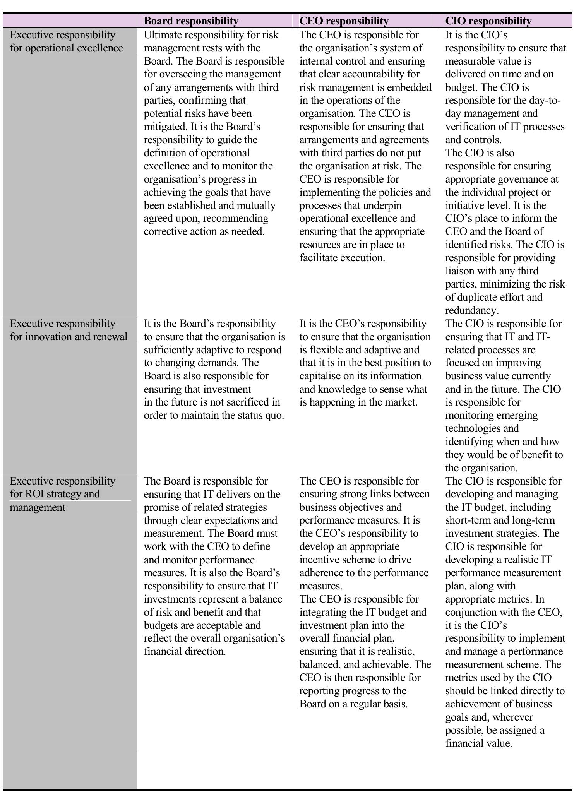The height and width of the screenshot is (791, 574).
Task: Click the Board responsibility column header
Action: tap(191, 21)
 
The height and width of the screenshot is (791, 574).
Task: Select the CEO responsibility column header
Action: tap(344, 21)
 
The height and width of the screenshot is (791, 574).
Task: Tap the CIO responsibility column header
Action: tap(488, 21)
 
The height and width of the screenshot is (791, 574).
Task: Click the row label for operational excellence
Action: tap(66, 41)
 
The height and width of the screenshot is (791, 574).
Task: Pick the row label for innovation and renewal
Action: tap(68, 330)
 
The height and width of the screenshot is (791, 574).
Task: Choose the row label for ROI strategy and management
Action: tap(62, 494)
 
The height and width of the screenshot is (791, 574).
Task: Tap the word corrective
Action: tap(165, 232)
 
